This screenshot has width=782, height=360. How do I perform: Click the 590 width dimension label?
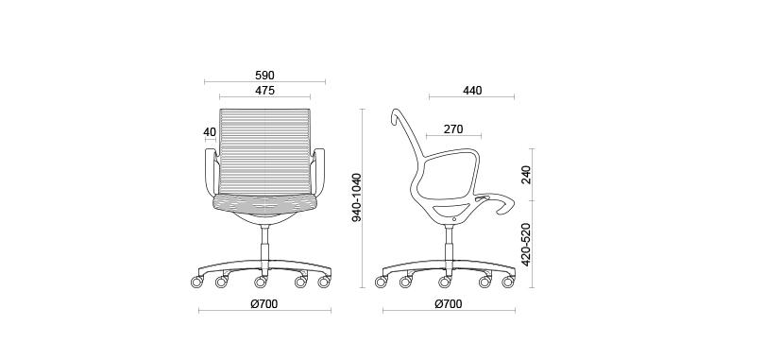(x=264, y=75)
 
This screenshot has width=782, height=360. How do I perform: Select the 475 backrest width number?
(x=264, y=91)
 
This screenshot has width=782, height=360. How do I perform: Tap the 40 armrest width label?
(x=209, y=131)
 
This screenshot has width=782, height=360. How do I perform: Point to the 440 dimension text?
(x=472, y=91)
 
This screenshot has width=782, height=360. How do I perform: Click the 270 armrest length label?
(x=453, y=129)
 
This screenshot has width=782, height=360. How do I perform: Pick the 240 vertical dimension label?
(x=526, y=175)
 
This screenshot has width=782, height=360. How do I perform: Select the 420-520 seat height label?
(x=526, y=244)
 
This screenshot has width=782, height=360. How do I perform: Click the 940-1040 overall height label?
(x=356, y=197)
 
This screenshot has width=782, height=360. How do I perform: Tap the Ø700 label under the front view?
(x=263, y=304)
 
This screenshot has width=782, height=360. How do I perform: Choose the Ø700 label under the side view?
(x=449, y=304)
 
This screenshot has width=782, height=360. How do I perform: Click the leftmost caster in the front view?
(x=197, y=282)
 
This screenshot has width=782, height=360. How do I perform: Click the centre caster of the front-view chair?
(x=262, y=282)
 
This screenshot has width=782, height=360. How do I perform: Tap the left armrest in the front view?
(x=210, y=172)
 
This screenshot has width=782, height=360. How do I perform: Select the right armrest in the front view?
(x=319, y=172)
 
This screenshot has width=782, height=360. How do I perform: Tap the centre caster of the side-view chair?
(x=444, y=282)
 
